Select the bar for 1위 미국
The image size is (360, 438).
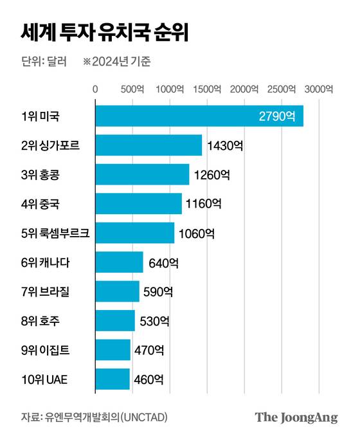pos(199,116)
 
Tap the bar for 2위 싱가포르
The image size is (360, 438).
pos(148,145)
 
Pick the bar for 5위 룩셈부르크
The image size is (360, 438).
pos(134,233)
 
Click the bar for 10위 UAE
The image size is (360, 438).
pos(113,379)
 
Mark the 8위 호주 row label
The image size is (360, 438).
pos(44,320)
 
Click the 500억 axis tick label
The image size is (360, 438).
pos(132,89)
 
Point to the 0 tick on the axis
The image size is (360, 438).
pos(96,89)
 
